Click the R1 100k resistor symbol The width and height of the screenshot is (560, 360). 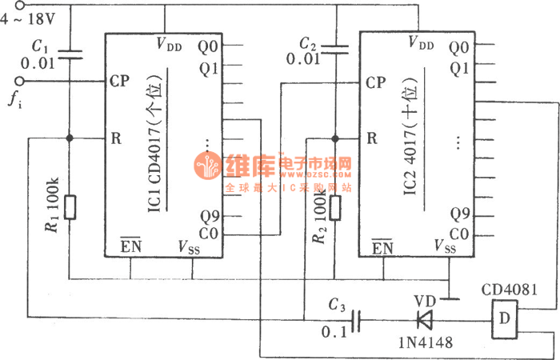[x=70, y=207]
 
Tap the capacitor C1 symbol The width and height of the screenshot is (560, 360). [x=70, y=55]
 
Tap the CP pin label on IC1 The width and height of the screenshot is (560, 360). [x=119, y=82]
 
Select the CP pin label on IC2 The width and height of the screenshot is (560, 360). [x=375, y=82]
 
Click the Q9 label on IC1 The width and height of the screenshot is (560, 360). [x=210, y=214]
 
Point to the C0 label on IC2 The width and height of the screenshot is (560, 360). [x=458, y=234]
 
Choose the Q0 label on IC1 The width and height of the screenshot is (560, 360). [x=210, y=48]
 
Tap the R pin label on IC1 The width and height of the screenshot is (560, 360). [x=117, y=138]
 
